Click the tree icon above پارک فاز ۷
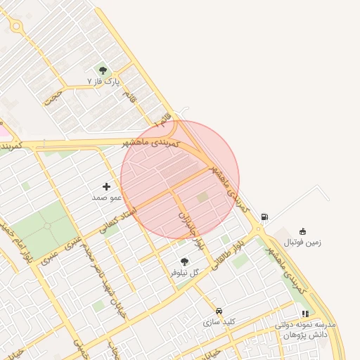pos(103,70)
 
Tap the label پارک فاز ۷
pos(103,82)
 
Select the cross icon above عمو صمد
pos(107,186)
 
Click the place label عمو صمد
pos(107,198)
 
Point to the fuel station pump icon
pos(264,217)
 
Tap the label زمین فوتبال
pos(302,243)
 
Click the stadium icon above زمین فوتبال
pos(302,231)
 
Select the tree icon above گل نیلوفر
pos(184,262)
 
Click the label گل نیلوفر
pos(185,273)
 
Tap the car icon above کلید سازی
pos(219,311)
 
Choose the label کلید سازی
pos(219,322)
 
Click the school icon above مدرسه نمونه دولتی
pos(304,314)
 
